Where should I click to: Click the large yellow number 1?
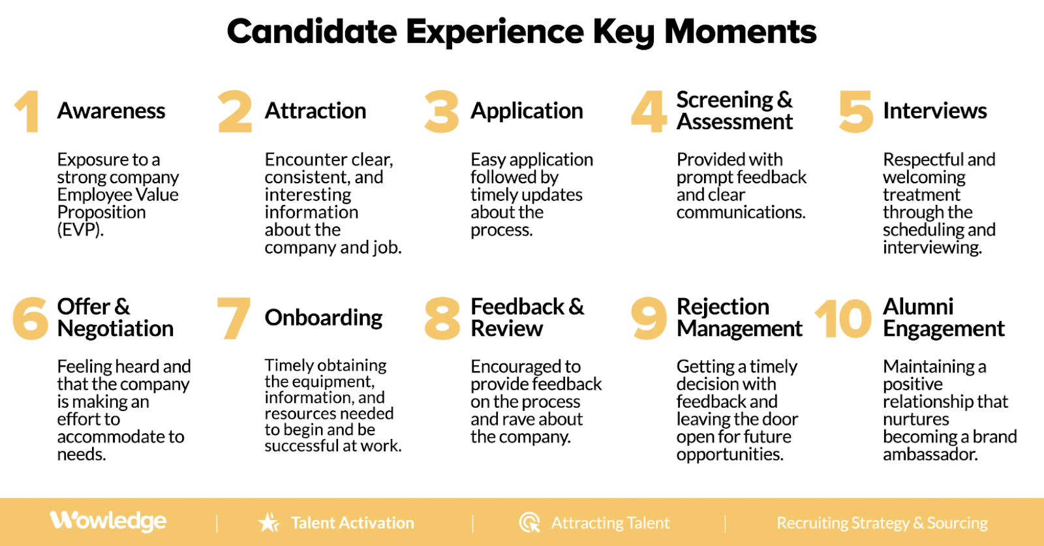coord(27,112)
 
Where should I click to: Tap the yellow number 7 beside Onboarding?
coord(234,318)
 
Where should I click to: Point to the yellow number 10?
coord(843,319)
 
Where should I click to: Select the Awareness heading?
coord(111,111)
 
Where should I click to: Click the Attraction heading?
coord(315,111)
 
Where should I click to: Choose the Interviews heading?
coord(934,111)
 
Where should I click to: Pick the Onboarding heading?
coord(323,318)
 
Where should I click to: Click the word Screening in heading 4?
coord(724,100)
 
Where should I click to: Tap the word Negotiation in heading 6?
coord(115,329)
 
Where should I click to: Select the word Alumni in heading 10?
coord(918,307)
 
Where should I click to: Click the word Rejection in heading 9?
coord(722,307)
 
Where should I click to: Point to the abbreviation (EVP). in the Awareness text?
coord(80,230)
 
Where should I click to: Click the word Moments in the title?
coord(740,31)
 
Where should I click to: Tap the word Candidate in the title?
coord(311,31)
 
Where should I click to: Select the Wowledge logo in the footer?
coord(108,521)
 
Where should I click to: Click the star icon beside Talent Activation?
coord(268,523)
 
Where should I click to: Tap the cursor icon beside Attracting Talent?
coord(529,523)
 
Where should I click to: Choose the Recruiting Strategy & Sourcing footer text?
coord(882,523)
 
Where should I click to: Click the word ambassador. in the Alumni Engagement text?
coord(930,455)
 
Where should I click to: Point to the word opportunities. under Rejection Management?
coord(729,455)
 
